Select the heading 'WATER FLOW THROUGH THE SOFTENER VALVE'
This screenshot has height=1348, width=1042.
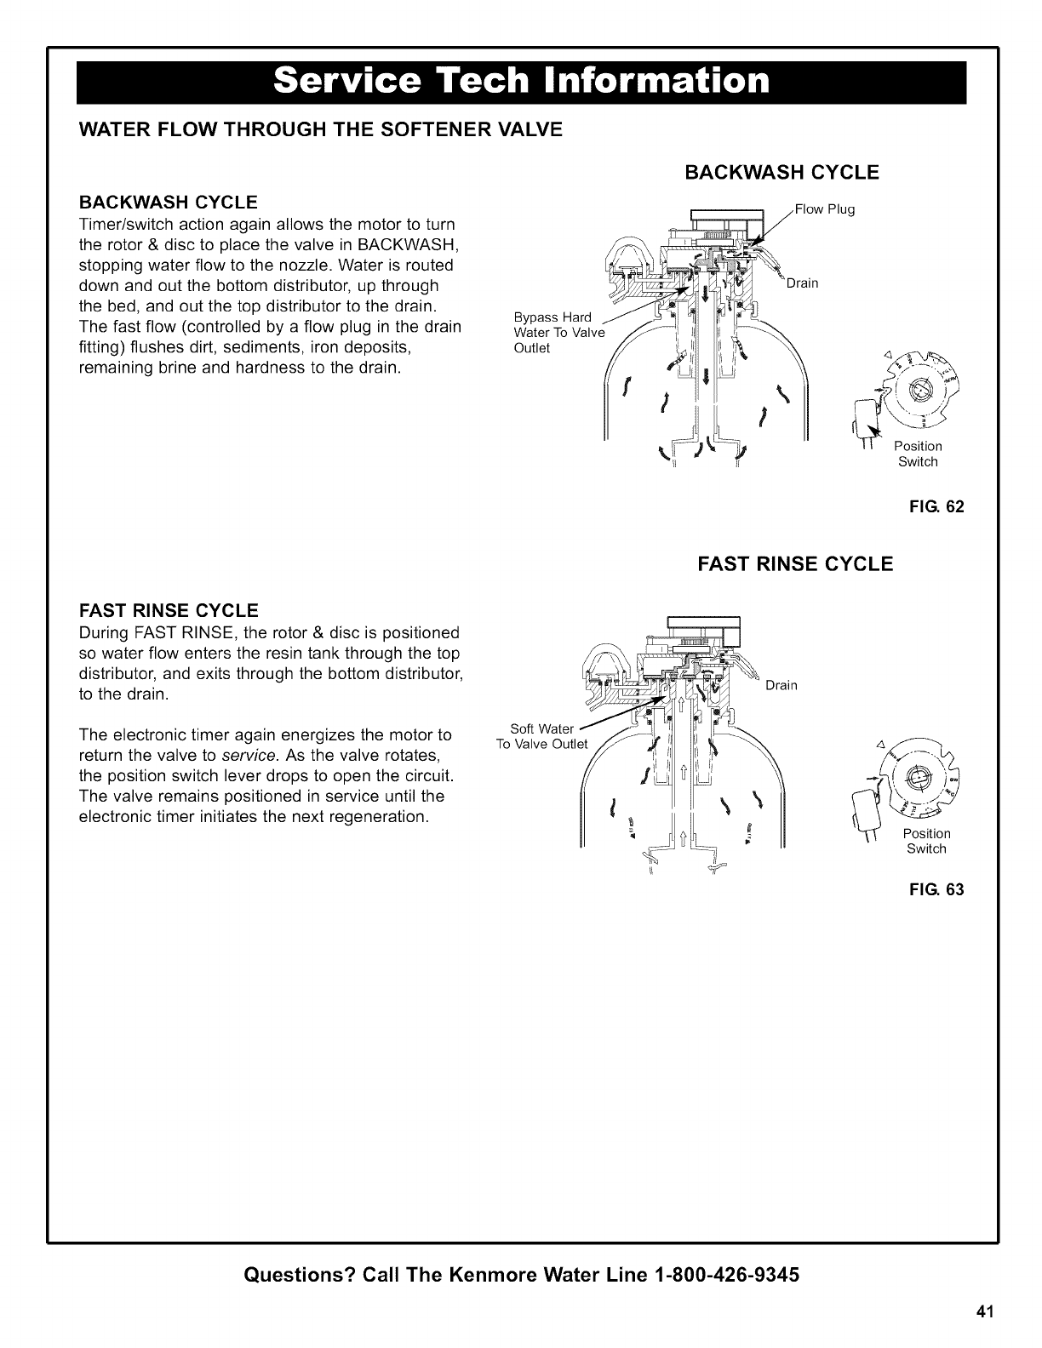(320, 129)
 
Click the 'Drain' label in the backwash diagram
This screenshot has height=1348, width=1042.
(802, 283)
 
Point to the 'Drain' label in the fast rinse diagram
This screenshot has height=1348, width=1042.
(781, 686)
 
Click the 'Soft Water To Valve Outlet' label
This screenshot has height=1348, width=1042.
(542, 736)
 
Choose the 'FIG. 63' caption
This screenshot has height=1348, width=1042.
(942, 890)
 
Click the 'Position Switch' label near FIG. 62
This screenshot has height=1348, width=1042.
(918, 454)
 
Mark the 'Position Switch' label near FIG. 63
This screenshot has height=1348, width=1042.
(926, 841)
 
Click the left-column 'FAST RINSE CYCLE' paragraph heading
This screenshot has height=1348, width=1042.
(168, 611)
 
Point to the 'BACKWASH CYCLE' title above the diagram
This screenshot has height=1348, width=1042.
(781, 173)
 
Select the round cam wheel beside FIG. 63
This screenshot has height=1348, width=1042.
(918, 777)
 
